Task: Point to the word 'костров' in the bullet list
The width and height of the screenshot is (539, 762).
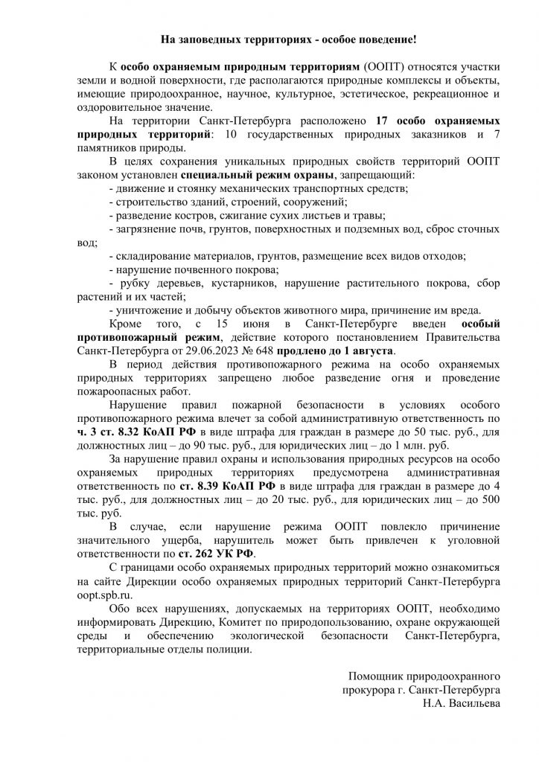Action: [x=180, y=216]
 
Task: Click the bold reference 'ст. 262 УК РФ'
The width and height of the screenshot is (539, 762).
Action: [x=221, y=553]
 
